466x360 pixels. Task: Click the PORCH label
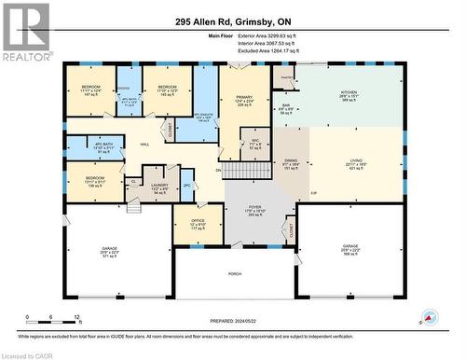pyautogui.click(x=235, y=273)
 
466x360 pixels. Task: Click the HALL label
pyautogui.click(x=145, y=145)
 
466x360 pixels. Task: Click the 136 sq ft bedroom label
pyautogui.click(x=96, y=181)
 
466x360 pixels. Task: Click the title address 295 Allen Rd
pyautogui.click(x=232, y=12)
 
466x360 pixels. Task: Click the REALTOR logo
pyautogui.click(x=26, y=32)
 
